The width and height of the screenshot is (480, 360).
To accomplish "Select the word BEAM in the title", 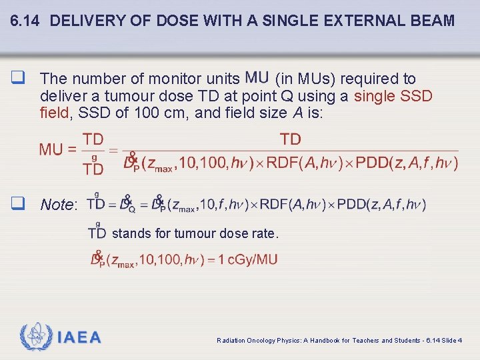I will click(434, 21).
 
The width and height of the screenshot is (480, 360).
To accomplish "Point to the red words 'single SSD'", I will click(393, 96).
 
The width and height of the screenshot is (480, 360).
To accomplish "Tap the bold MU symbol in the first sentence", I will click(258, 79).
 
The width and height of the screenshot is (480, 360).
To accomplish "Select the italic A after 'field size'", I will click(297, 113).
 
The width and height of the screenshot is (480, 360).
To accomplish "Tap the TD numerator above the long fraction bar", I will click(291, 139).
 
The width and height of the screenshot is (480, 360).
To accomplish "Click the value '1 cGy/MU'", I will click(253, 259).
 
